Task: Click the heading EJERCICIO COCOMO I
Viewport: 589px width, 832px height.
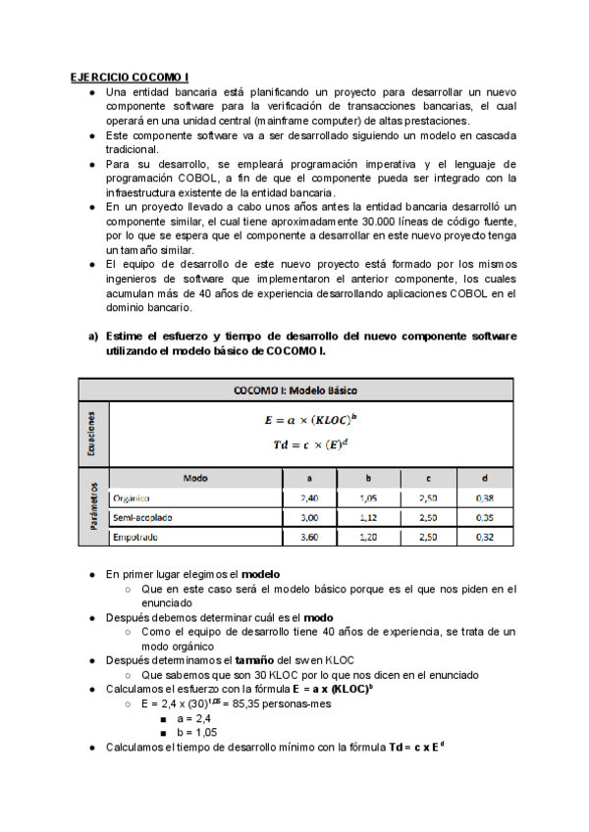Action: tap(130, 77)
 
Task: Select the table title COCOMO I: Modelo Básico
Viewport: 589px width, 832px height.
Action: tap(295, 389)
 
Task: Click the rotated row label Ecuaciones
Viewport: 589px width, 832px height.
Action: tap(92, 433)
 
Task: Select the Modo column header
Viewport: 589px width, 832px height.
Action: tap(195, 478)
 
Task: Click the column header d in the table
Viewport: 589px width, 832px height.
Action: tap(484, 478)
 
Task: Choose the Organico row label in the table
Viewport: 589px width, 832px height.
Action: tap(137, 498)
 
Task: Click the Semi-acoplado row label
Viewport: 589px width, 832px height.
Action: tap(146, 517)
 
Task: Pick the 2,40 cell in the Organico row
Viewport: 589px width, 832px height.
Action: tap(308, 498)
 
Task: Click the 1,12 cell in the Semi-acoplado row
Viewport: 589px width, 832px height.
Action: tap(367, 517)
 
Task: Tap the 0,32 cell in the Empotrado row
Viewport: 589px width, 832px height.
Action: tap(484, 537)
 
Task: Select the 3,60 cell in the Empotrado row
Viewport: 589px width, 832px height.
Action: tap(308, 537)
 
